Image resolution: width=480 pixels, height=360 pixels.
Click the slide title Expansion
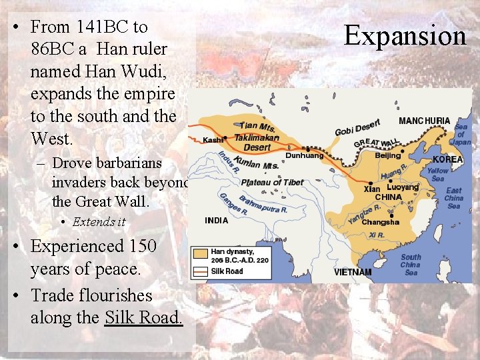point(405,35)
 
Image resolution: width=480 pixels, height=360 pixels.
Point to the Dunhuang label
point(303,155)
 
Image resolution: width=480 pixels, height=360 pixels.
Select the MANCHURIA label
point(424,121)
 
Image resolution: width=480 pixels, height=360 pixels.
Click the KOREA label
point(447,160)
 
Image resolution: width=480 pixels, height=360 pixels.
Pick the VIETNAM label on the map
point(353,272)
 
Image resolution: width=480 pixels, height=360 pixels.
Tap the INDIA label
point(216,220)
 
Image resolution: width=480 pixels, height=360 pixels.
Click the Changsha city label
point(380,222)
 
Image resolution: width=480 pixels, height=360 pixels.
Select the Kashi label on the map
point(212,140)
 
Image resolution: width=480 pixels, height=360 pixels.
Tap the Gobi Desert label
point(357,127)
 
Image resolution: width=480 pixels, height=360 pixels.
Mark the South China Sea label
point(411,265)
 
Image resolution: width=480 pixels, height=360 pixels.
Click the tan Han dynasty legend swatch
point(200,254)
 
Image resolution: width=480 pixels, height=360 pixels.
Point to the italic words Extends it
point(99,221)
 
